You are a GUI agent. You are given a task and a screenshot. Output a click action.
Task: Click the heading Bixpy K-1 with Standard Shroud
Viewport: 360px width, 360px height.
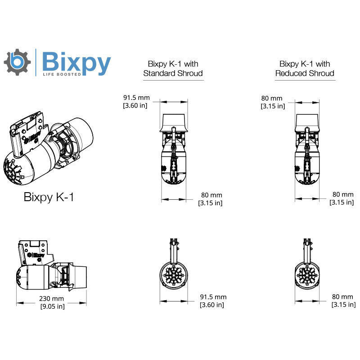click(173, 68)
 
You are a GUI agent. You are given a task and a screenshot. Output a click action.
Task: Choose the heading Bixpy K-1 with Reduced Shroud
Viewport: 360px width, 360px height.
click(305, 68)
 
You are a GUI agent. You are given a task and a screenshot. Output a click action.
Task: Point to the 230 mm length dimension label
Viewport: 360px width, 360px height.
click(51, 302)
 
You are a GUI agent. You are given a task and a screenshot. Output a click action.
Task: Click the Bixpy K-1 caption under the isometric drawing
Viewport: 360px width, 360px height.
click(48, 198)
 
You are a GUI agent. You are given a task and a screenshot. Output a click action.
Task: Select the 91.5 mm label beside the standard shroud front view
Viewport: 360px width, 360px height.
click(213, 301)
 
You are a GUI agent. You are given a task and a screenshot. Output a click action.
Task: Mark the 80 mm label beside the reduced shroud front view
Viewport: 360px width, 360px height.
click(342, 301)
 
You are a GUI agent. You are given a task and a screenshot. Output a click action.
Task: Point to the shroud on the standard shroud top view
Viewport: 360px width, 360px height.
click(173, 121)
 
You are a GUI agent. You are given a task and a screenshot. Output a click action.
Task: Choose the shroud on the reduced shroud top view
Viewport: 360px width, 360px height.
click(307, 121)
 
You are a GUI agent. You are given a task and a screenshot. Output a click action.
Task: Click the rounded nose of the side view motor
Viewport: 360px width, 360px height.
click(21, 274)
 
